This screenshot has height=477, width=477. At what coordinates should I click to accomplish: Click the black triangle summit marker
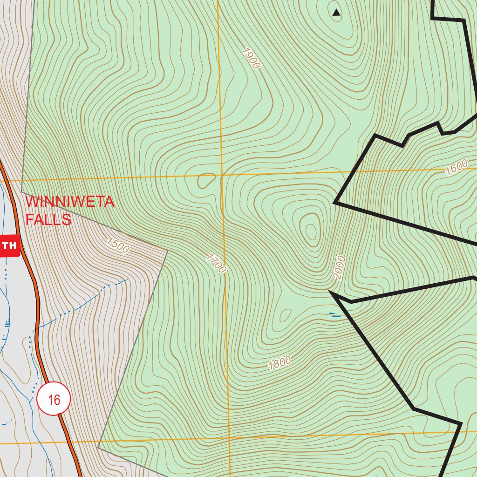(336, 13)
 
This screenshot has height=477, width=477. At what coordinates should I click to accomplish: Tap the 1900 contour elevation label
(251, 58)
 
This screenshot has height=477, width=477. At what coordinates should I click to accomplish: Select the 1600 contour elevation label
(456, 167)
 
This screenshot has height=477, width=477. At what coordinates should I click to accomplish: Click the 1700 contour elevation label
(216, 264)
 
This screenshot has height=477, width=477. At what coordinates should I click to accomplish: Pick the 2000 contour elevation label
(339, 267)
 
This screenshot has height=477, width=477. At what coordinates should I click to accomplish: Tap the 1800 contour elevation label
(279, 362)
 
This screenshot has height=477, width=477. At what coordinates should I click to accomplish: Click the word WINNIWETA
(70, 202)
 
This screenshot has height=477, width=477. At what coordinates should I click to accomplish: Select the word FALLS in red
(48, 219)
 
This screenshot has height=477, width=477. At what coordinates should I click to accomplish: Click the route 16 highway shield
(54, 399)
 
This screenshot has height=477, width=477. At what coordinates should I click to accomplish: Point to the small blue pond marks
(334, 315)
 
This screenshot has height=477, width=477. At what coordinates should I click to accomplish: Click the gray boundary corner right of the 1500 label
(167, 252)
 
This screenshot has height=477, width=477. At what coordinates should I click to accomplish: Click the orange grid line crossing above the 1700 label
(222, 176)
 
